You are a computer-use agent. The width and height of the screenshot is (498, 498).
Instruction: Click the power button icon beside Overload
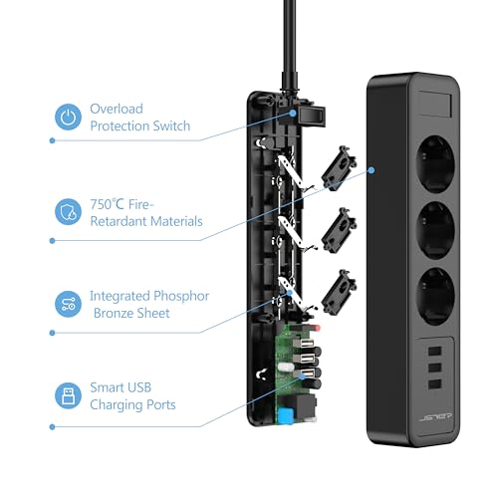(x=68, y=118)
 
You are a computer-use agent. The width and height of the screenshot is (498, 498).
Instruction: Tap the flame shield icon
(x=68, y=211)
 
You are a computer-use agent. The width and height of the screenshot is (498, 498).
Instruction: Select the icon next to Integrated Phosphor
(x=68, y=305)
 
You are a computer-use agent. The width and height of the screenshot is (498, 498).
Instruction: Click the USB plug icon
(x=68, y=395)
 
